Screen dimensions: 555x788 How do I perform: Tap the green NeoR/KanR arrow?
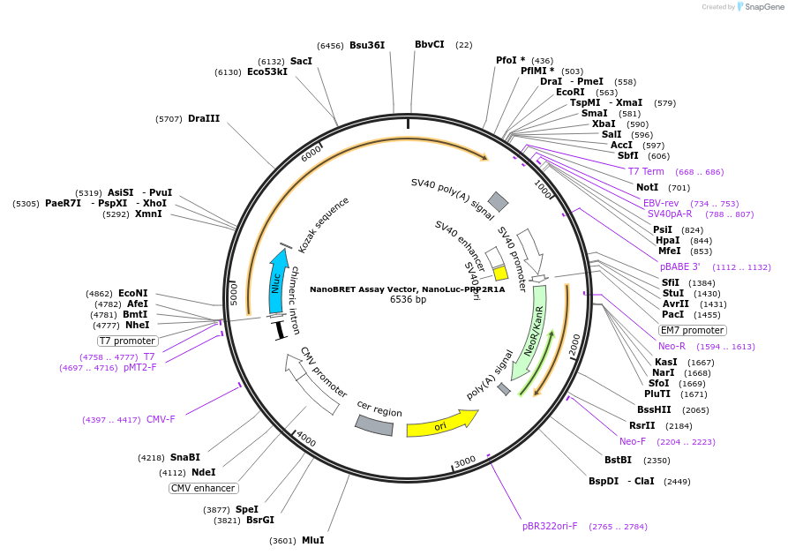coord(533,331)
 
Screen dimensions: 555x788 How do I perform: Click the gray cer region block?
coord(374,425)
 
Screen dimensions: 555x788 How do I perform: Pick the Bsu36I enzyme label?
coord(367,45)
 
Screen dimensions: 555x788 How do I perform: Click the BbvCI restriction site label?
coord(430,44)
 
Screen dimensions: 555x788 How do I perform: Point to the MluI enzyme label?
coord(312,540)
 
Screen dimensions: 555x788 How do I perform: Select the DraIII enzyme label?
coord(204,118)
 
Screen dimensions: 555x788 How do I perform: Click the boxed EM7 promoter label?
coord(693,330)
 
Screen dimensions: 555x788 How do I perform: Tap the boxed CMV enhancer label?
coord(203,488)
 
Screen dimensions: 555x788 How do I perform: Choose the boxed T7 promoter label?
coord(128,341)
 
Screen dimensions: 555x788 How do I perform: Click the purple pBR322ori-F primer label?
coord(550,526)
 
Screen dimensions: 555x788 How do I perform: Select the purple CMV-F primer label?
coord(161,419)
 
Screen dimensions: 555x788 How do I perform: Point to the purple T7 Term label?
coord(646,171)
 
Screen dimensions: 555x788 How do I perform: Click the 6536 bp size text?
coord(408,300)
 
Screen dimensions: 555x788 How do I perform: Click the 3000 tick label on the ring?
coord(465,461)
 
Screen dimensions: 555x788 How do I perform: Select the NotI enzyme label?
coord(647,187)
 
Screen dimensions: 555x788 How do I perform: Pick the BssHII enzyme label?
coord(654,409)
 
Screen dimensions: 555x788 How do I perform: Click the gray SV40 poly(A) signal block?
coord(499,202)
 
